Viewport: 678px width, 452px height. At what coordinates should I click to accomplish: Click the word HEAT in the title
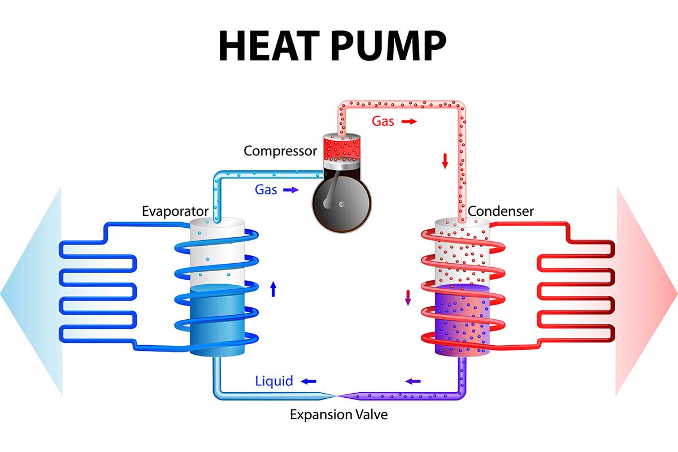point(269,46)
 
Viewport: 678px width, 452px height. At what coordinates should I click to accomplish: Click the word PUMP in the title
point(389,46)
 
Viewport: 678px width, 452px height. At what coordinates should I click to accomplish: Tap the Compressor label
point(280,151)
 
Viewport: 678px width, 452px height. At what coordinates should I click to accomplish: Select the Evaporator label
point(175,211)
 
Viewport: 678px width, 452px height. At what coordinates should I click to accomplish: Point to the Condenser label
point(501,211)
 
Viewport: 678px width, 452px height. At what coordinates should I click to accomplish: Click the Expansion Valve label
point(338,415)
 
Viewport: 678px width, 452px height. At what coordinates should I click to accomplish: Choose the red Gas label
point(383,121)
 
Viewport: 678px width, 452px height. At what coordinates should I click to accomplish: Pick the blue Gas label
point(266,190)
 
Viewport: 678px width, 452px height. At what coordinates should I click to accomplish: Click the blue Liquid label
point(274,381)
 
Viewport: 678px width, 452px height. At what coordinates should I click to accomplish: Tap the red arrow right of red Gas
point(409,121)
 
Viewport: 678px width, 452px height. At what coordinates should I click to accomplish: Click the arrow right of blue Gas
point(291,190)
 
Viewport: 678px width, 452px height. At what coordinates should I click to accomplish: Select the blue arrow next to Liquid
point(308,381)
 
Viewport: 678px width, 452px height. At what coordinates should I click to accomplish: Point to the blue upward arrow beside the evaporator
point(273,289)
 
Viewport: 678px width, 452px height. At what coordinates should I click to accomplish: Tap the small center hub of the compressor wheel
point(342,205)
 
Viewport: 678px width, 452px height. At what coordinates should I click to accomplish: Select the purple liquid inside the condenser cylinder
point(462,319)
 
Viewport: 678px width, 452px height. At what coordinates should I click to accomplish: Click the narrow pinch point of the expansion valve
point(336,395)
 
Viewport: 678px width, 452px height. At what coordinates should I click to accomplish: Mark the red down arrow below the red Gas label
point(445,161)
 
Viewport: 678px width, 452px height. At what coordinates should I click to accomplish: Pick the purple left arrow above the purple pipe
point(413,381)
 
